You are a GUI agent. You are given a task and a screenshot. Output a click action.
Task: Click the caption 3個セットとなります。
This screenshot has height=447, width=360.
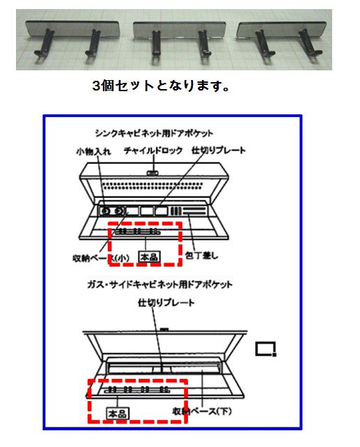(161, 86)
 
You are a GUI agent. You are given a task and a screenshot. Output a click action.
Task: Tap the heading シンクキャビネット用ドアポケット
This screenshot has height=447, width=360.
(154, 133)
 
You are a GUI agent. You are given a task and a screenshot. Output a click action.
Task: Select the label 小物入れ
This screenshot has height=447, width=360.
(93, 151)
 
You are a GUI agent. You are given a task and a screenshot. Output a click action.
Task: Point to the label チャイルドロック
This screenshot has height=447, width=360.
(153, 150)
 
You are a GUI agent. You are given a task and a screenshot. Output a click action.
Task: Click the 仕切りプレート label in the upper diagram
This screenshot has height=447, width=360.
(219, 150)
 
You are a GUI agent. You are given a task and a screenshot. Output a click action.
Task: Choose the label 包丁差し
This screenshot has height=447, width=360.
(201, 255)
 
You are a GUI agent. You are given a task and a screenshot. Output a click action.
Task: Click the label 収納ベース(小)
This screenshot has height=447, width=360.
(101, 258)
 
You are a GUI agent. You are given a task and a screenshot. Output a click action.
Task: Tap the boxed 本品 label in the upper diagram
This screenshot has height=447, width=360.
(149, 257)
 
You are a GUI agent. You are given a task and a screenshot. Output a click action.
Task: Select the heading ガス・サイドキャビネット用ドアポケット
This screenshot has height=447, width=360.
(159, 284)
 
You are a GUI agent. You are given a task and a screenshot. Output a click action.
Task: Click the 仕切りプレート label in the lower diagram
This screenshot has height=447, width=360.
(166, 302)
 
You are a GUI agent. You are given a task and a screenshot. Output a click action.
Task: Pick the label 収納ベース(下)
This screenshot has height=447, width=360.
(202, 411)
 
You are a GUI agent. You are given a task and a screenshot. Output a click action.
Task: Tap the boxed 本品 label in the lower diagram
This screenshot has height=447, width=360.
(118, 413)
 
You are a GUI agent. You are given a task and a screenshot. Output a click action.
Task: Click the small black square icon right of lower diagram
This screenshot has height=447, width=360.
(266, 349)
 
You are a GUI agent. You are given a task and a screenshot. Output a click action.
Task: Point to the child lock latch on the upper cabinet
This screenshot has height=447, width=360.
(152, 173)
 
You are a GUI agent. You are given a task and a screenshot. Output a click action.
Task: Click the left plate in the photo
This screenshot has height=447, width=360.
(72, 29)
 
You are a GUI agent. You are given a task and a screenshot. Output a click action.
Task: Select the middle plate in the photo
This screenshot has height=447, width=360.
(180, 29)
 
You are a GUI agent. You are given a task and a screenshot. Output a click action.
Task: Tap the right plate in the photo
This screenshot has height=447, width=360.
(282, 29)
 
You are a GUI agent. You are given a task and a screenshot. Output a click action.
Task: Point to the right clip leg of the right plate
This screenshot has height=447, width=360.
(311, 42)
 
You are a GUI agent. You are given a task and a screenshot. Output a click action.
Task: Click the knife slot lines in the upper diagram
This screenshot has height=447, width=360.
(194, 211)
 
